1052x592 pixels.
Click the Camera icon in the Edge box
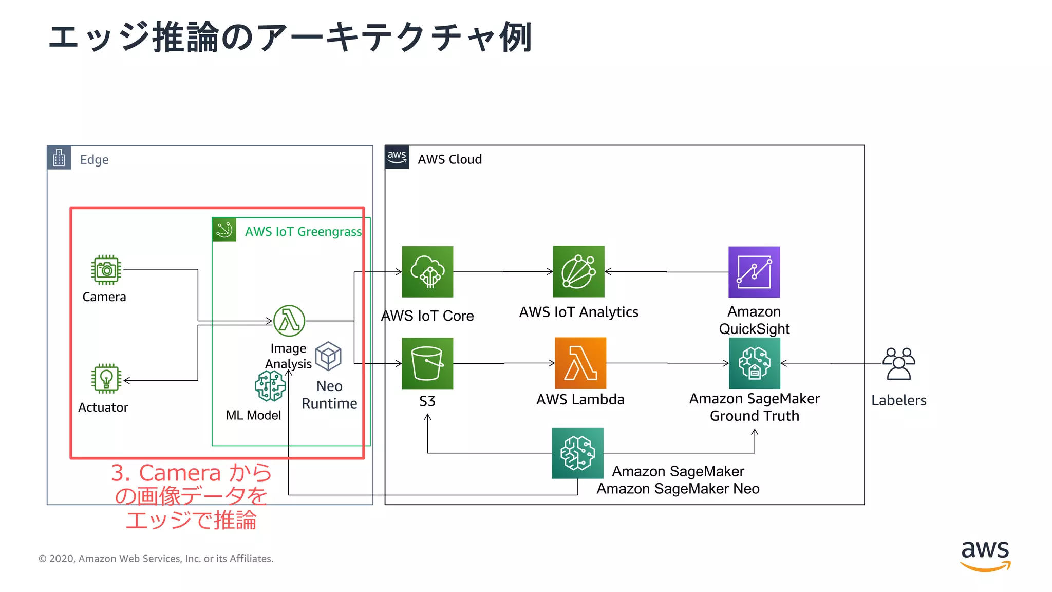pos(106,270)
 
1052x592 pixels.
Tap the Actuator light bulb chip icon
pos(106,379)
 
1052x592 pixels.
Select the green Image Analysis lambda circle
pos(289,321)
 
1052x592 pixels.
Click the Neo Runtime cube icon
pos(328,356)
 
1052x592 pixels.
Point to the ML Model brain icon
pos(270,386)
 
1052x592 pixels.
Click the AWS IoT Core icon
pos(427,272)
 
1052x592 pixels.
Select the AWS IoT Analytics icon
pos(578,271)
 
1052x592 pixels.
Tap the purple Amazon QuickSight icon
pos(754,272)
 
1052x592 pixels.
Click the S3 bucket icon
pos(427,363)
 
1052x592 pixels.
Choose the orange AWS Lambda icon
pos(580,363)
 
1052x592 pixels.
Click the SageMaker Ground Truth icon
pos(754,363)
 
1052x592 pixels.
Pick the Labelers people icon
pos(899,363)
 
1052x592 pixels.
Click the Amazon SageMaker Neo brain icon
pos(577,453)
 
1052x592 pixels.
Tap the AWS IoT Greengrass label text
pos(303,232)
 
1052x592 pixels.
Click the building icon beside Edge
pos(59,158)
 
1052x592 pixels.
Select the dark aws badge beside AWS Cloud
pos(397,157)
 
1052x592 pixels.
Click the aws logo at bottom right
pos(985,556)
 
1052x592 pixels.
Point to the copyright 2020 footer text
pos(156,559)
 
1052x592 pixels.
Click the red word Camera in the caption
pos(180,473)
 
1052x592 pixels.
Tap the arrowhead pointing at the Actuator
pos(127,380)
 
